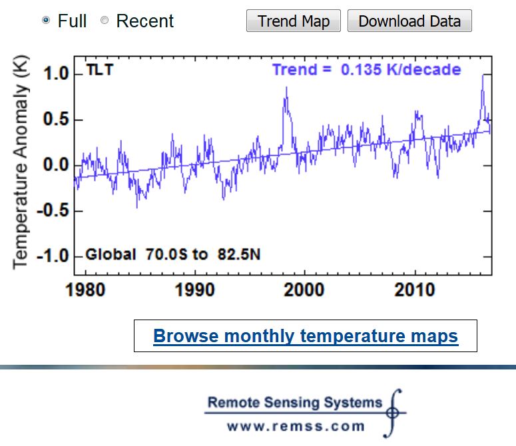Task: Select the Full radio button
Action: (46, 21)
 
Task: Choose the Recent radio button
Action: (105, 21)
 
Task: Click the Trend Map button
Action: (294, 21)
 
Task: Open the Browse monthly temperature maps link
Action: (306, 335)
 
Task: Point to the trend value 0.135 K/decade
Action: (401, 70)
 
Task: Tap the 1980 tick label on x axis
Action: (85, 290)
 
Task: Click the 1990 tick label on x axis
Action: (194, 290)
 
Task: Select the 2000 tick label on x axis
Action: (304, 290)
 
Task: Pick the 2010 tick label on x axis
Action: (414, 290)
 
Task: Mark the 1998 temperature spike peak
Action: (286, 87)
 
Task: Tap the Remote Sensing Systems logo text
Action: (295, 402)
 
